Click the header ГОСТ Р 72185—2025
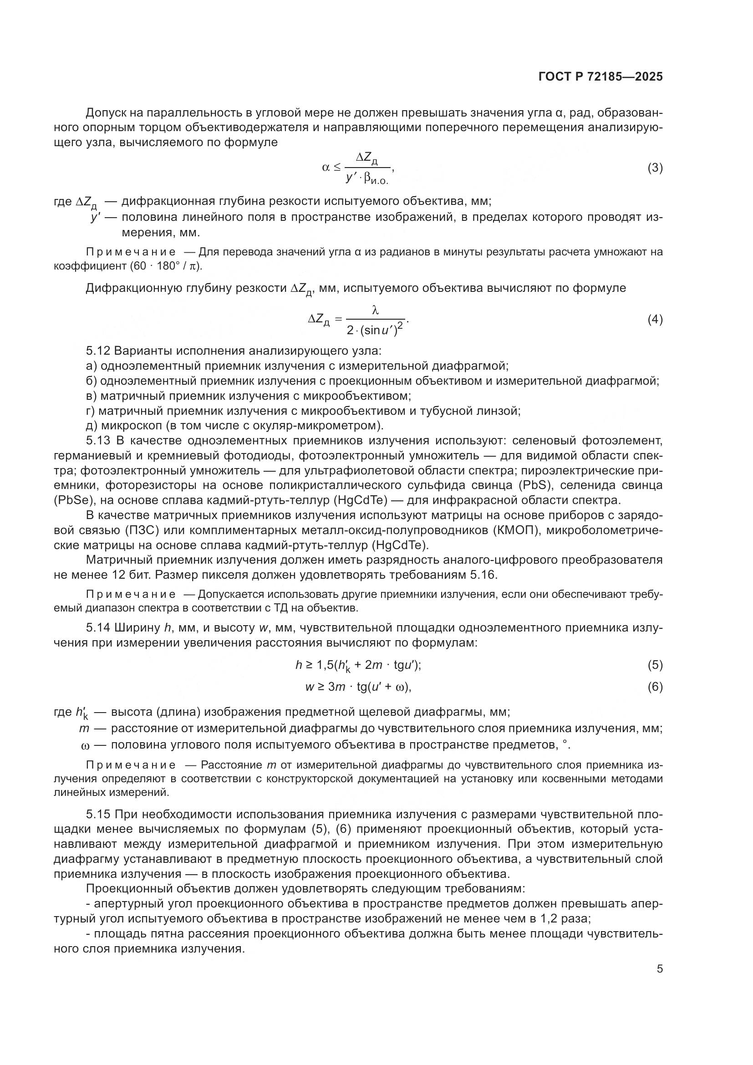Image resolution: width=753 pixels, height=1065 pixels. [600, 77]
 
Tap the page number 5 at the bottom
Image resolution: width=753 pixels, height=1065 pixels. [659, 969]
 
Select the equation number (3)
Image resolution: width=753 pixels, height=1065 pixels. [655, 168]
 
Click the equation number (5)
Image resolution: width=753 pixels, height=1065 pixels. [655, 665]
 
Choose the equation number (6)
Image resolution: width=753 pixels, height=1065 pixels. [655, 687]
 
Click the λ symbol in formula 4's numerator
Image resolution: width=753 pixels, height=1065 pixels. [376, 311]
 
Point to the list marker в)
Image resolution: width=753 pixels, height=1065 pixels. [92, 396]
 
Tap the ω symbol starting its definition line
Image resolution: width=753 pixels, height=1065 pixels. [84, 745]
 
